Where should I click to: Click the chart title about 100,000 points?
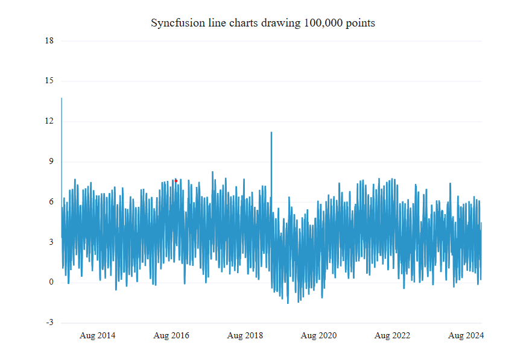262,23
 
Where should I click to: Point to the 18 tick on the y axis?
49,41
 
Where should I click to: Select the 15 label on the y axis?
49,81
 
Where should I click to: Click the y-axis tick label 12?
49,121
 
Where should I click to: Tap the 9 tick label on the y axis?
51,162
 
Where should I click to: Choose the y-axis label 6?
51,202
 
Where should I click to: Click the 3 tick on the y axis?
51,242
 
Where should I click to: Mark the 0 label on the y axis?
51,282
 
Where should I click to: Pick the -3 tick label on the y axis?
49,323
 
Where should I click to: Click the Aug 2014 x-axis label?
98,335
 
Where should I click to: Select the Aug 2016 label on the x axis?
171,335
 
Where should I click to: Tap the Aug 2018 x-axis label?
245,335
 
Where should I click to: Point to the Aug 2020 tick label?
318,335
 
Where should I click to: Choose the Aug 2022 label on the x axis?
392,335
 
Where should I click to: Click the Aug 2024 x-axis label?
466,335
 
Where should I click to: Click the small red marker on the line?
176,180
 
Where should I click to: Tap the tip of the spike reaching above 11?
271,132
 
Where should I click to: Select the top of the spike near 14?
62,98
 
